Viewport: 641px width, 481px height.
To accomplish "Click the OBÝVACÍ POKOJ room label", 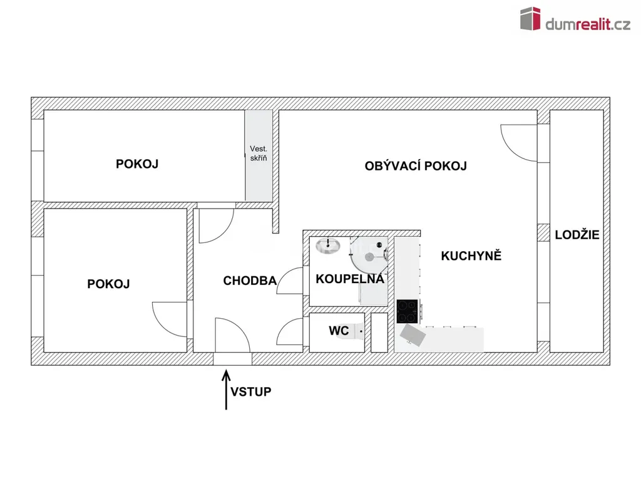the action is coord(416,166).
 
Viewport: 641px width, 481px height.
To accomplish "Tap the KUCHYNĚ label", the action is coord(471,256).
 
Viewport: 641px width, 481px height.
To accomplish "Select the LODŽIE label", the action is coord(577,235).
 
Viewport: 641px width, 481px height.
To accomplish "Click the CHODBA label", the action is coord(250,281).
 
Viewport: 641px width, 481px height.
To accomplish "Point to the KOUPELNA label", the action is coord(350,279).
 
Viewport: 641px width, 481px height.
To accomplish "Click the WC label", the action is coord(339,331).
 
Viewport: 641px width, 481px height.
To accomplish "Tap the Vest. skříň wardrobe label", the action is coord(259,153).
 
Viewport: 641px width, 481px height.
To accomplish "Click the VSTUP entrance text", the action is coord(250,392).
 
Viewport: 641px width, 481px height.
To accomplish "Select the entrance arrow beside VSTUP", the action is coord(226,390).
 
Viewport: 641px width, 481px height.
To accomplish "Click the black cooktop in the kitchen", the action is coord(407,311).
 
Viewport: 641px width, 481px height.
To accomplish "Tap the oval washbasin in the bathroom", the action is coord(328,246).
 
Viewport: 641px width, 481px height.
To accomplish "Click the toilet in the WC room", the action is coord(359,331).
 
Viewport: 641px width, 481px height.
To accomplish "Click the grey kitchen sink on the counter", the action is coord(413,336).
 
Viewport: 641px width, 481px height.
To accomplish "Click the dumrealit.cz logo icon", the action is coord(530,18).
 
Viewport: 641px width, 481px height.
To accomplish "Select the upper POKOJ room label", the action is coord(137,164).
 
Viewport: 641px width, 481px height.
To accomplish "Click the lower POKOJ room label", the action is coord(108,284).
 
